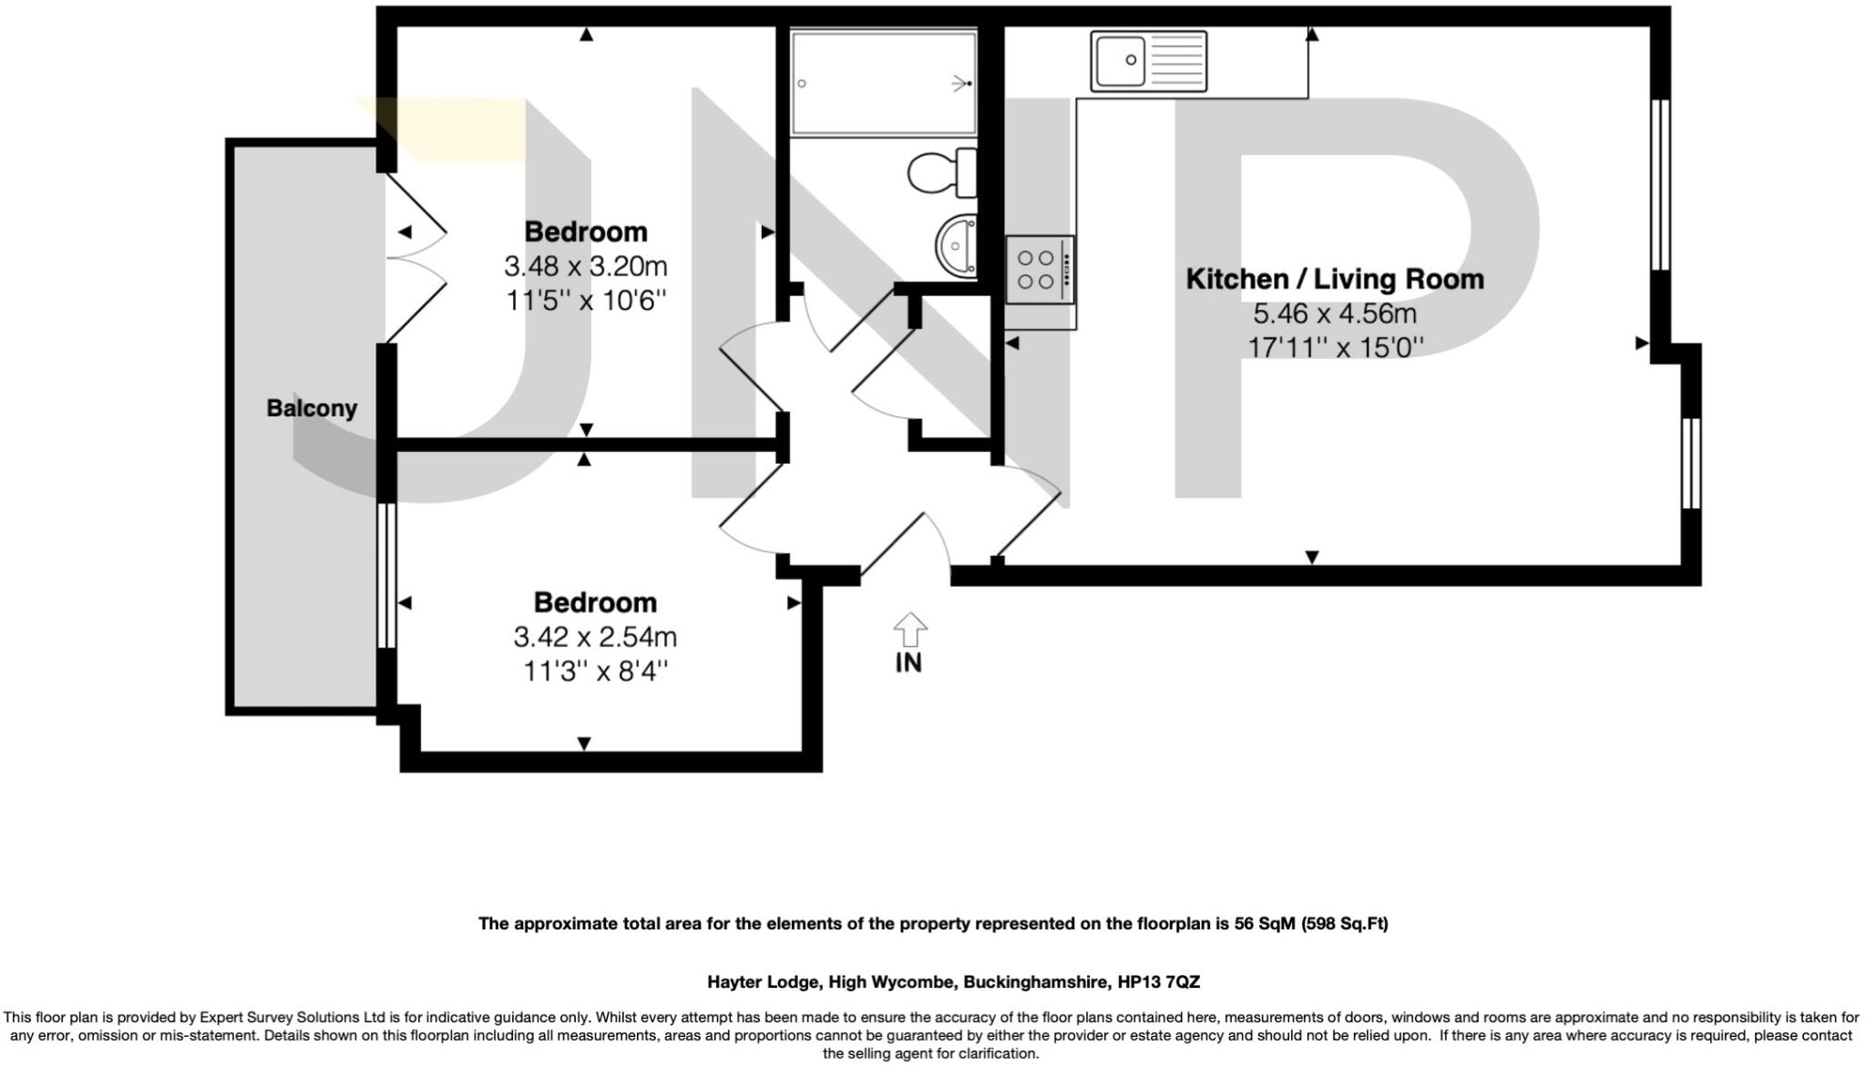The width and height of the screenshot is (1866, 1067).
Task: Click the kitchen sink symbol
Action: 1149,61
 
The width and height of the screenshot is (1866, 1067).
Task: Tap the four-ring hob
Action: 1041,270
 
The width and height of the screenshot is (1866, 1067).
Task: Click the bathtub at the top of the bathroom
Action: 884,83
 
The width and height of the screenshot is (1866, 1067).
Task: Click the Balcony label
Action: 312,408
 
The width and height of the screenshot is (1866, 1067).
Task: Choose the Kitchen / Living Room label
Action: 1335,279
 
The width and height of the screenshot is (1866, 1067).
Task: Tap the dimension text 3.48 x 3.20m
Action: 586,267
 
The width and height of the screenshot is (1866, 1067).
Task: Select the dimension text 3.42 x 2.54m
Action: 595,637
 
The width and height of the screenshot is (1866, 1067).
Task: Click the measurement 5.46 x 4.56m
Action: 1335,314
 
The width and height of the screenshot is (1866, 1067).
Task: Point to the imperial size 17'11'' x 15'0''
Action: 1335,347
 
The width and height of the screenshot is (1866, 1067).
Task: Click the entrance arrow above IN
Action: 910,630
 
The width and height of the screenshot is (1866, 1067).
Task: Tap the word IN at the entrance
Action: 908,663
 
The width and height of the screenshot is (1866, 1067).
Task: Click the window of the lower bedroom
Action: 386,575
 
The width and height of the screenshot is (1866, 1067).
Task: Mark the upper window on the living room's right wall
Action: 1660,184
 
